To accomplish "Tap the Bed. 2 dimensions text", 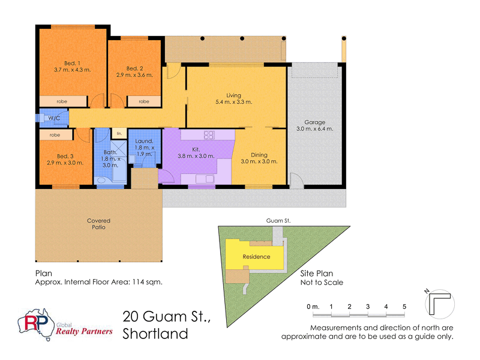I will [134, 75].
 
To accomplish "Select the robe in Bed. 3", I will [55, 135].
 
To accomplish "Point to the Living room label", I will [233, 95].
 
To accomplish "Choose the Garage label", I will [314, 121].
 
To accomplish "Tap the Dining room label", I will [259, 154].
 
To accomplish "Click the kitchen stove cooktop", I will [209, 134].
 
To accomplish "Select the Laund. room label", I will [144, 141].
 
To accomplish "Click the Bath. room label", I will [110, 152].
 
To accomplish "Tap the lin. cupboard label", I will [119, 133].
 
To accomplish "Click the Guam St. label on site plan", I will [278, 221].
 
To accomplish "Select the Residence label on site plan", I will [256, 257].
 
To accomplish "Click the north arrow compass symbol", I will [439, 302].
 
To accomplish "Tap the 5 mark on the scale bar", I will [404, 307].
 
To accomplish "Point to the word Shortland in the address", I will [155, 334].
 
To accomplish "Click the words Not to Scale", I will [322, 282].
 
